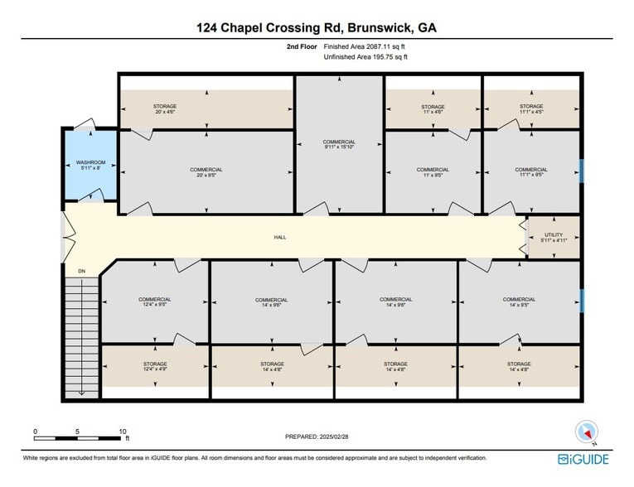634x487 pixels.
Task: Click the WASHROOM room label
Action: [90, 165]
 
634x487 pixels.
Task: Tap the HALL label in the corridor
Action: [280, 237]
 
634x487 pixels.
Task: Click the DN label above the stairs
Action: [81, 271]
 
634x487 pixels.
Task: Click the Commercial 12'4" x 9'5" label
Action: [154, 302]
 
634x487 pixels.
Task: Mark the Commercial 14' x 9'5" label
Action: [519, 302]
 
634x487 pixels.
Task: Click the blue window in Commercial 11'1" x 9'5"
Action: [582, 171]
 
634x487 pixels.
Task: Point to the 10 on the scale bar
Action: [123, 432]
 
